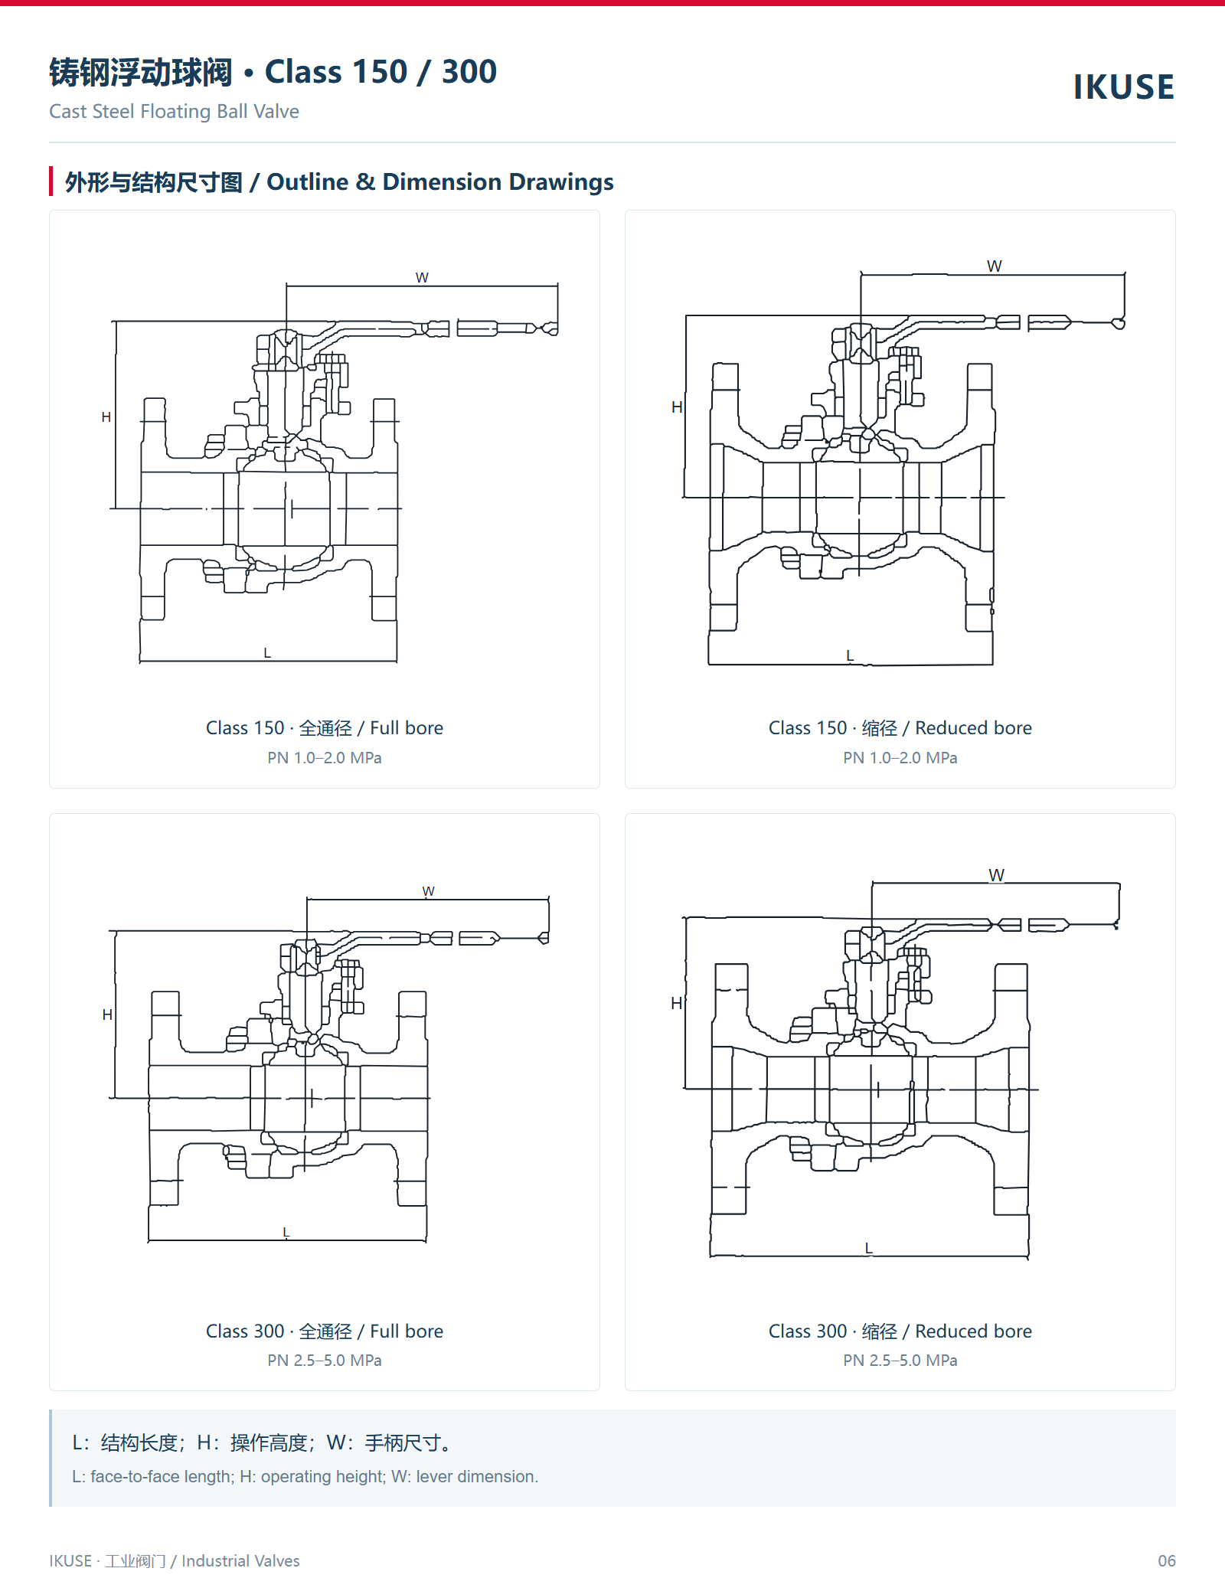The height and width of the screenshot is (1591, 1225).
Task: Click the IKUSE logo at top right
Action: click(1123, 87)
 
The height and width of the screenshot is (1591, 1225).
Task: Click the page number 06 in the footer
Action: click(1167, 1560)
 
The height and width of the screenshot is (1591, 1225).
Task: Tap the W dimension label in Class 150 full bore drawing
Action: click(422, 277)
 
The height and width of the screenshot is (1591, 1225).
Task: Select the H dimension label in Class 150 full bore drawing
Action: click(106, 417)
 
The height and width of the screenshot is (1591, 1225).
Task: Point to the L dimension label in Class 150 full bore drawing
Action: click(267, 652)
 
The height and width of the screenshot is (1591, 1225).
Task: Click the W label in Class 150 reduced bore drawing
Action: click(994, 266)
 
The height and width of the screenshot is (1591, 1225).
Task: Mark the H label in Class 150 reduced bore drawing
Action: click(677, 407)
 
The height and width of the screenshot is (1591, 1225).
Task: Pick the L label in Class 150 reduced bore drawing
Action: click(850, 655)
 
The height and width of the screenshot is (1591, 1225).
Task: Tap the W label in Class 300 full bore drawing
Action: click(428, 891)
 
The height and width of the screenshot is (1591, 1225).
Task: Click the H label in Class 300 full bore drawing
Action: click(107, 1014)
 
